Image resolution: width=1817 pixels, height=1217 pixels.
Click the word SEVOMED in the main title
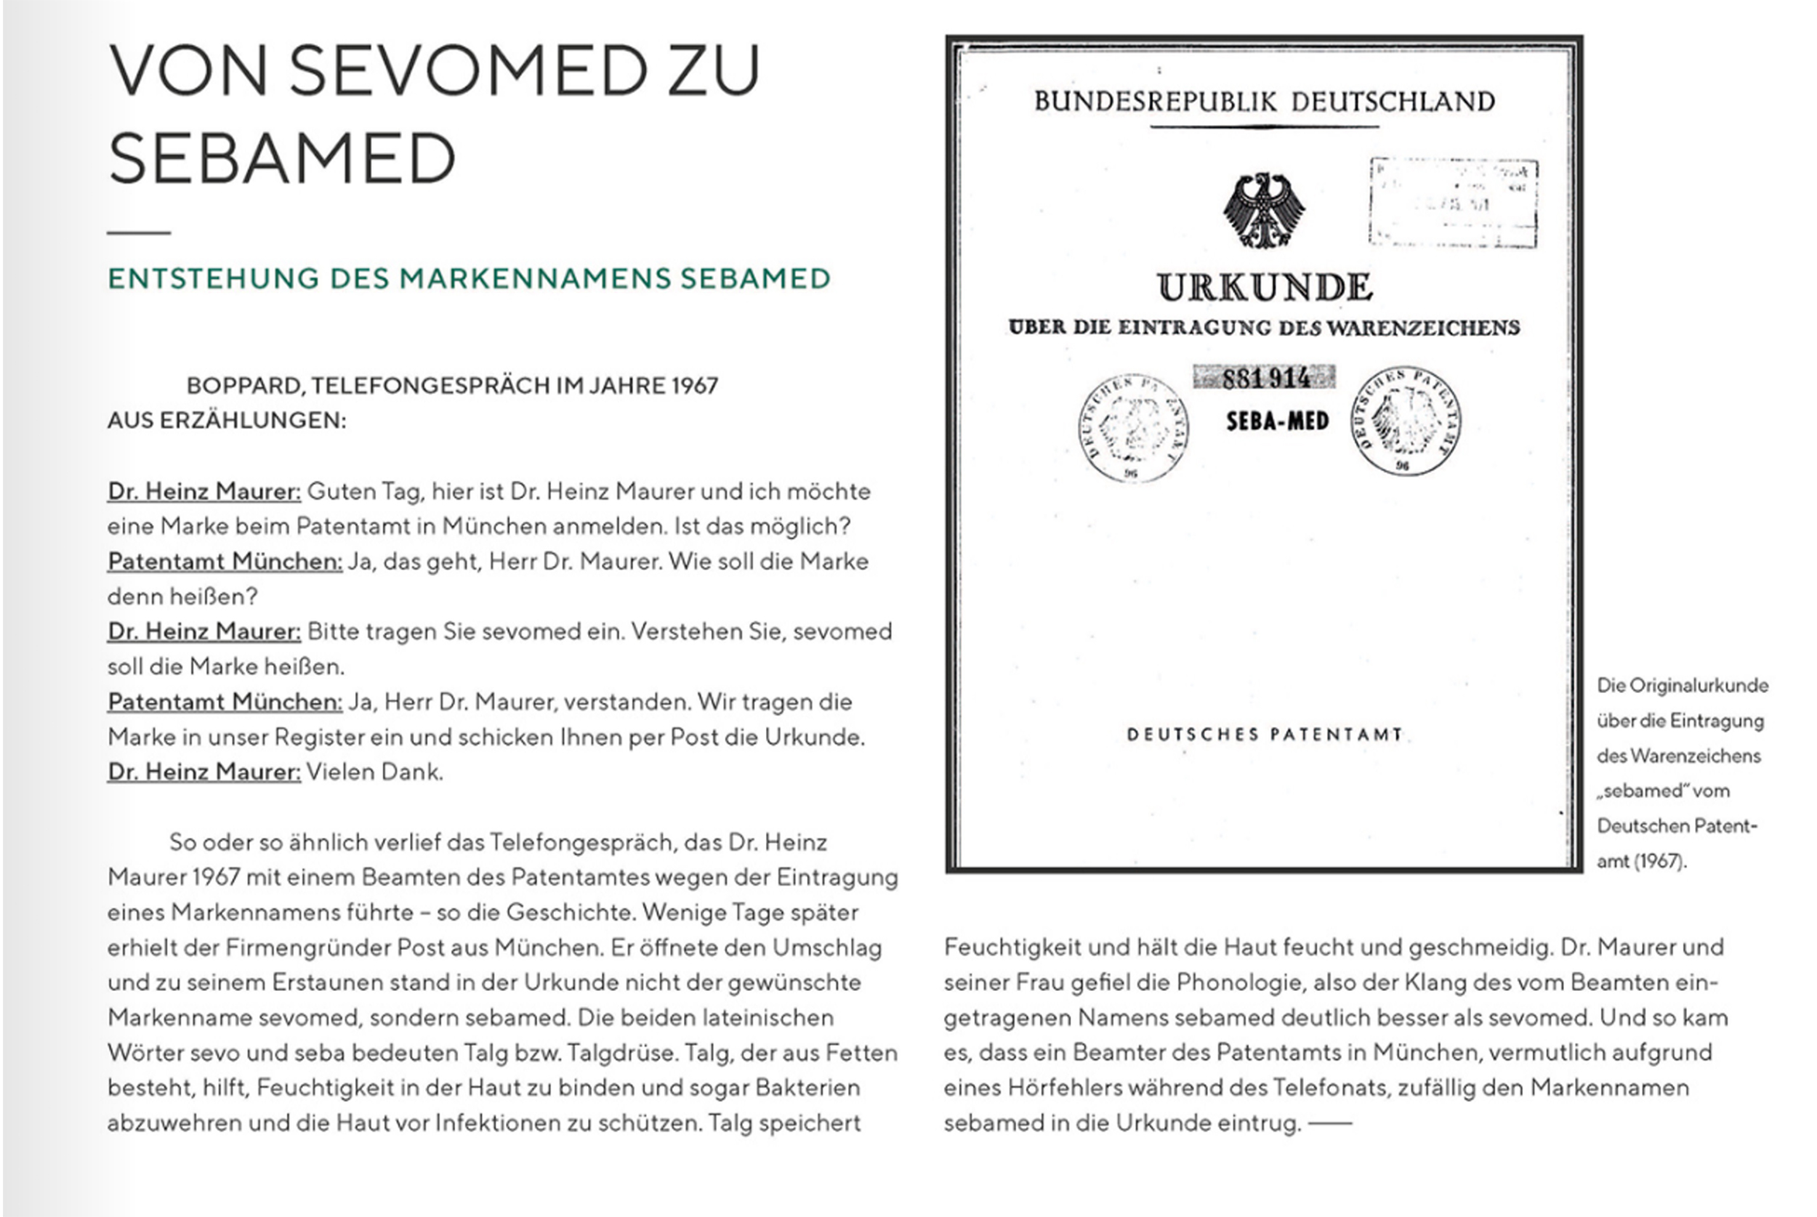pyautogui.click(x=469, y=71)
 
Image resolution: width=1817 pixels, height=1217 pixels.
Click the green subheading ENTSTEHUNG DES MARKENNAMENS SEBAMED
pyautogui.click(x=469, y=278)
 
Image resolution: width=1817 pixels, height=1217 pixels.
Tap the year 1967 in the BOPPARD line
pyautogui.click(x=695, y=386)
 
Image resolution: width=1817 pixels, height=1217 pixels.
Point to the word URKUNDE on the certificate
pyautogui.click(x=1265, y=287)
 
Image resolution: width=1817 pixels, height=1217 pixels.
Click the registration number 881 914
pyautogui.click(x=1265, y=378)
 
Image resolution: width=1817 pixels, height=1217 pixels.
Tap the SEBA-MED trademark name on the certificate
pyautogui.click(x=1277, y=421)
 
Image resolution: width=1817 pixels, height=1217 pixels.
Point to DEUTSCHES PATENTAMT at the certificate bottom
pyautogui.click(x=1265, y=735)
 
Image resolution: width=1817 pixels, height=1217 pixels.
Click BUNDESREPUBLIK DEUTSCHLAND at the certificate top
pyautogui.click(x=1265, y=102)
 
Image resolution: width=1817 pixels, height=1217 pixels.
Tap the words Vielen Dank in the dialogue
pyautogui.click(x=374, y=772)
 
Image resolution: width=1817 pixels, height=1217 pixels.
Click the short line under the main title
pyautogui.click(x=139, y=232)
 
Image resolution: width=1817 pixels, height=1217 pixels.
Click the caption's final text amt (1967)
pyautogui.click(x=1641, y=862)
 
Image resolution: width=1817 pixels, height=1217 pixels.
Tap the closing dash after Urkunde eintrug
pyautogui.click(x=1329, y=1123)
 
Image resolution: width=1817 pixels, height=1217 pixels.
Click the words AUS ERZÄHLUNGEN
pyautogui.click(x=227, y=421)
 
